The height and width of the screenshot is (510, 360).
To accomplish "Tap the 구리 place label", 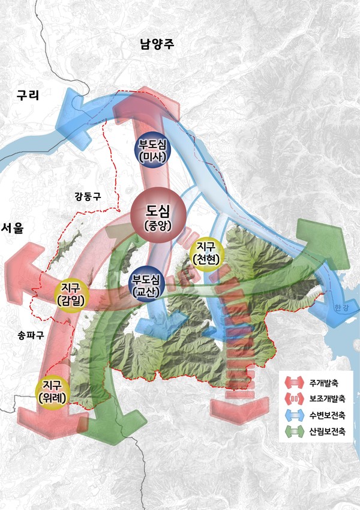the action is (27, 95).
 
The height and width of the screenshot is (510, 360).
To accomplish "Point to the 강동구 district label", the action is (88, 196).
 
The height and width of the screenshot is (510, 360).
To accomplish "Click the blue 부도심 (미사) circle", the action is (152, 149).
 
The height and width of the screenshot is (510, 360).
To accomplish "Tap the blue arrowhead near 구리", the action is (67, 117).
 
